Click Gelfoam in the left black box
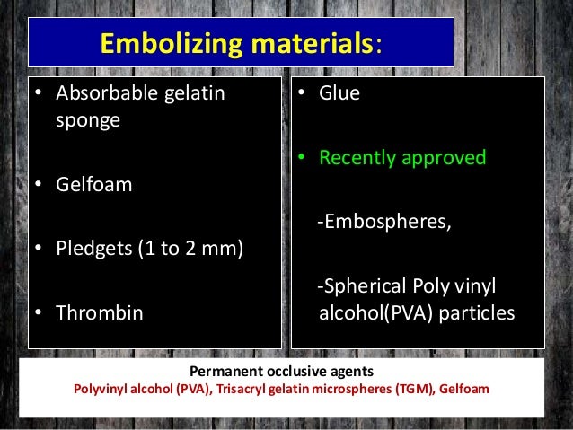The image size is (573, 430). pos(92,185)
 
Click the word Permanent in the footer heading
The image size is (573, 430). pos(227,372)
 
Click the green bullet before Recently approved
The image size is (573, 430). pos(303,158)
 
